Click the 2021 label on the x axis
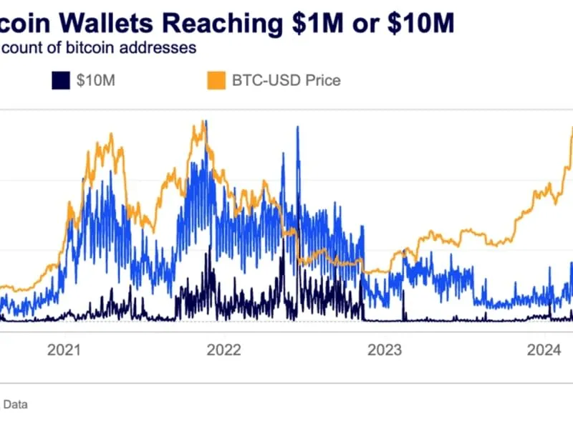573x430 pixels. tap(63, 350)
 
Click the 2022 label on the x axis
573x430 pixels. tap(223, 350)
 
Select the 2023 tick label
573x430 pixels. tap(384, 350)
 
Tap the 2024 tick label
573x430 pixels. tap(544, 350)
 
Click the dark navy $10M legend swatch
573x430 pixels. tap(60, 80)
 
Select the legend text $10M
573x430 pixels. tap(95, 80)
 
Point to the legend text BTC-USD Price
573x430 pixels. tap(286, 80)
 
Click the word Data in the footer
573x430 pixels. tap(16, 405)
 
